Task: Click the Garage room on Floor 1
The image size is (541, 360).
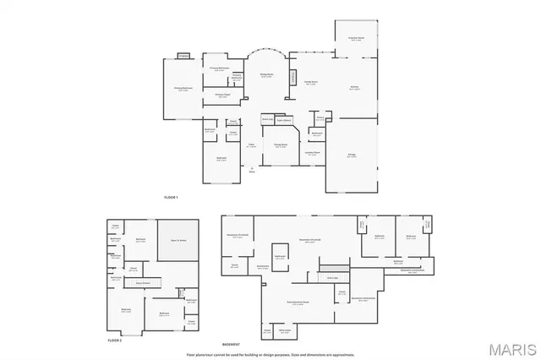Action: pos(352,155)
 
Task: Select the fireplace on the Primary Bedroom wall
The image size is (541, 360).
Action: pos(183,57)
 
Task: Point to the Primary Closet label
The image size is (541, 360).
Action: pos(222,95)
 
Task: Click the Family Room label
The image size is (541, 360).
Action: pos(310,81)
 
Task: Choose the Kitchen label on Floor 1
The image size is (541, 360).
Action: pos(355,87)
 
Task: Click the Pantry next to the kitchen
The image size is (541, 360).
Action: pos(320,117)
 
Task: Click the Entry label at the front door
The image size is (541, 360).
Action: pos(252,172)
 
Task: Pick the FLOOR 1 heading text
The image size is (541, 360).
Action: pos(172,197)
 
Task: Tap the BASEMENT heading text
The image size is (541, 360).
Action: pos(231,344)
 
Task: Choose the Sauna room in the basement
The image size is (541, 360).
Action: pos(234,266)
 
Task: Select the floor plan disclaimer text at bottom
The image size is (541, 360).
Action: pos(270,352)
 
